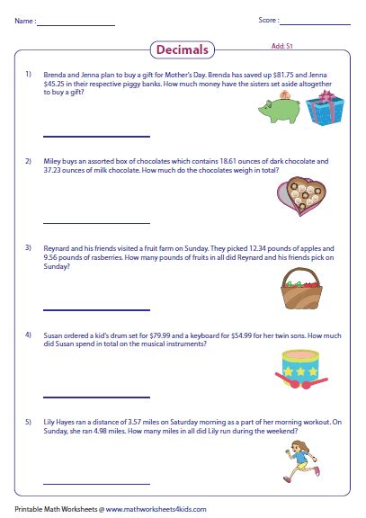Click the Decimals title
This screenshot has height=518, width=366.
click(x=182, y=50)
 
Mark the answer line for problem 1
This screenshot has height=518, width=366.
click(x=83, y=134)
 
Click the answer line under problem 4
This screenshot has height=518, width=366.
click(x=83, y=397)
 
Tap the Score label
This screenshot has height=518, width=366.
click(x=266, y=21)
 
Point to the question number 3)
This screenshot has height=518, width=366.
click(x=29, y=247)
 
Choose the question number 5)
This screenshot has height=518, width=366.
click(x=29, y=421)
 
